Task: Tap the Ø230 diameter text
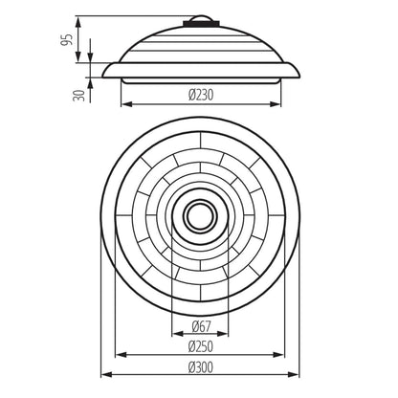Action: pos(201,93)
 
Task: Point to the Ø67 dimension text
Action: pos(201,326)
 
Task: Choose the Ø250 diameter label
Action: pos(201,345)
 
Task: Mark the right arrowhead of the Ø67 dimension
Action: pos(225,336)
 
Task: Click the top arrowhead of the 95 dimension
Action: pos(90,17)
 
